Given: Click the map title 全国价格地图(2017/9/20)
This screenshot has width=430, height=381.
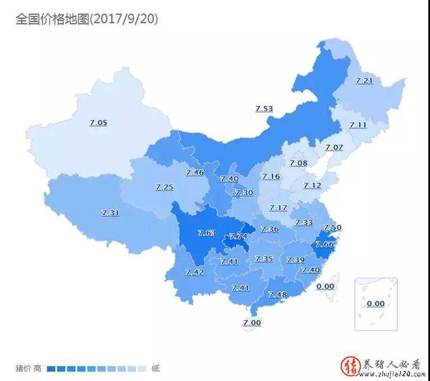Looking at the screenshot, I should coord(87,19).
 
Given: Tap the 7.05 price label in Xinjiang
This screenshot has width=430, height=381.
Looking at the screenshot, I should coord(98,122).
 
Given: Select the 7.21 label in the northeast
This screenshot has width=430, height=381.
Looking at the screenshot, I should coord(364,81).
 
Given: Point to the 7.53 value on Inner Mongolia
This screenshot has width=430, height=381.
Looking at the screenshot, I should coord(264,109).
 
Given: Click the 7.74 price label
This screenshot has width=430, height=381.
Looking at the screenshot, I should coord(238,236).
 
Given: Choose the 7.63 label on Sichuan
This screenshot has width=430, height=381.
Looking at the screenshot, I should coord(207,233).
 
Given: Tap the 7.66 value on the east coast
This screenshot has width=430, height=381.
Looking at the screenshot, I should coord(324,244).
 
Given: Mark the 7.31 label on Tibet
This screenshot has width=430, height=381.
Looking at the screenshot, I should coord(110,213).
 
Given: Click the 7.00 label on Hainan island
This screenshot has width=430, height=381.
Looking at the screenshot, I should coord(252,323).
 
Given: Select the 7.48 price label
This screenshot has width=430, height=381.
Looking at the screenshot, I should coord(278,295).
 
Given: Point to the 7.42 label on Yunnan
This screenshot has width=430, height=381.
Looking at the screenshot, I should coord(194,272).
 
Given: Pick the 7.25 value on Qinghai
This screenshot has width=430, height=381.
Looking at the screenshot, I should coord(164,187).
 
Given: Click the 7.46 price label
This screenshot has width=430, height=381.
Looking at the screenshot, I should coord(195,173).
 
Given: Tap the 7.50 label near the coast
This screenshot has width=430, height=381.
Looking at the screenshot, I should coord(333,227).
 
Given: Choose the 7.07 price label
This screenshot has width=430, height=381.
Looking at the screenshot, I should coord(334,147).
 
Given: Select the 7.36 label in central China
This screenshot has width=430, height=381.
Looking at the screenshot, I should coord(270,229).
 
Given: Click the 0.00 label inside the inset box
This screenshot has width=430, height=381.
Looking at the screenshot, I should coord(376,304).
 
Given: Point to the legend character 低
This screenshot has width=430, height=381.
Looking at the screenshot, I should coord(156,368).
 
